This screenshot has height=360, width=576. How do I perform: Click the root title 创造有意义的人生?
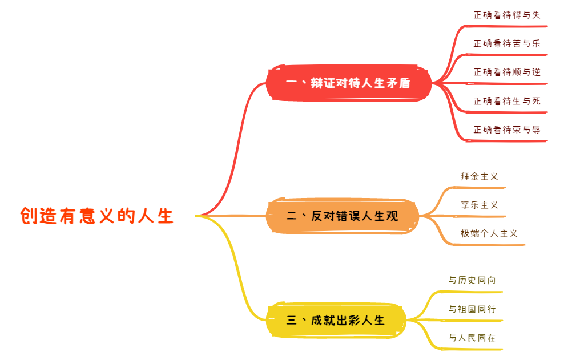(96, 216)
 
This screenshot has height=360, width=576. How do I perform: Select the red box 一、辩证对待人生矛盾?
(348, 83)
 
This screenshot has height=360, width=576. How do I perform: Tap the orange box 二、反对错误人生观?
(342, 216)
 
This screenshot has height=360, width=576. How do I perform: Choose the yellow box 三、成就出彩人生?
(336, 320)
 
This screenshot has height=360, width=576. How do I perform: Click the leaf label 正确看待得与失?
(506, 15)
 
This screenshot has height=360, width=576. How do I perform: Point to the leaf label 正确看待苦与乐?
(506, 43)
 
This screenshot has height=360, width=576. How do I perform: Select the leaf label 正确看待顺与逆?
(506, 72)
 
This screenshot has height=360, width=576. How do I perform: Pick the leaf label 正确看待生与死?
(506, 101)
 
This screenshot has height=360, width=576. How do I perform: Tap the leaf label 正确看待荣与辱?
(506, 130)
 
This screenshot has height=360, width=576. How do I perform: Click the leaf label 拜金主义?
(480, 176)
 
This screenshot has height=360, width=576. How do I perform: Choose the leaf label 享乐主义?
(480, 205)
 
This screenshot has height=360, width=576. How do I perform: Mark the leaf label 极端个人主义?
(489, 233)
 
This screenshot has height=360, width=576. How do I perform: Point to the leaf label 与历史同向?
(472, 280)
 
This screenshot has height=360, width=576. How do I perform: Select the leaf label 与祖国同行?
(472, 309)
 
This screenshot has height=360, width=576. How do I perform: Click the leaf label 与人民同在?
(472, 338)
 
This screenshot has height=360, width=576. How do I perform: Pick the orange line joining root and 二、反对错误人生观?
(234, 216)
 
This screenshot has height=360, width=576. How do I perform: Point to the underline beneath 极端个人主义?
(491, 245)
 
